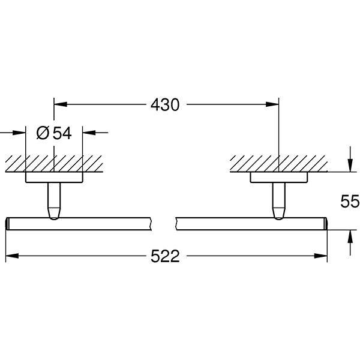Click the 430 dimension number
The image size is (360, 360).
coord(164,104)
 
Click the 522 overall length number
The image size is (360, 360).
coord(164,257)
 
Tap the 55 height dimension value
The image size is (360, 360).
coord(349,201)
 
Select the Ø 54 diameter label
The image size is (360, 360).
coord(54,133)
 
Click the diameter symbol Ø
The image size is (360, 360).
coord(43,133)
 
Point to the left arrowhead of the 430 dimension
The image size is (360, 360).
coord(59,104)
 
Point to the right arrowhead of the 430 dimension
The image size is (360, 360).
coord(274,104)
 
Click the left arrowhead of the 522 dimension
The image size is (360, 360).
coord(10,257)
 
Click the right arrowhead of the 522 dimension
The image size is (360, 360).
coord(322,257)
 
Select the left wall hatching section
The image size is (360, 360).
coord(54,163)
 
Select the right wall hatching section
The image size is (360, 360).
coord(278,163)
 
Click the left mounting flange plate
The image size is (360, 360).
coord(54,177)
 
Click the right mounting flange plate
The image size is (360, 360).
coord(278,177)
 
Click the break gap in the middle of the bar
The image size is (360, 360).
coord(163,223)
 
